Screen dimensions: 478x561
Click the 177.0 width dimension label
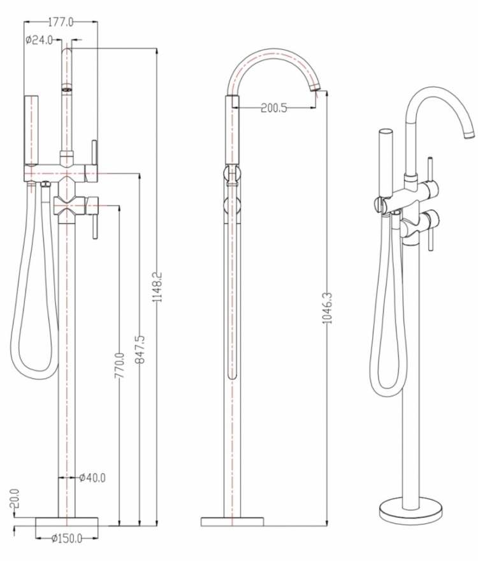61,22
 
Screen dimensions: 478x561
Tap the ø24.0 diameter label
40,40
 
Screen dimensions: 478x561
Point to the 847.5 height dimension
140,349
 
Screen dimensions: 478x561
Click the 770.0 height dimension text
119,365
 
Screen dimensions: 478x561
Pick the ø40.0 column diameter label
92,477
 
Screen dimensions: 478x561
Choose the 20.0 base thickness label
14,499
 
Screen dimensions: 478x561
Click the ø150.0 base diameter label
66,539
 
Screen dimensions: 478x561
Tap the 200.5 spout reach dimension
273,108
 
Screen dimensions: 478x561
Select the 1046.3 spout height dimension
328,308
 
